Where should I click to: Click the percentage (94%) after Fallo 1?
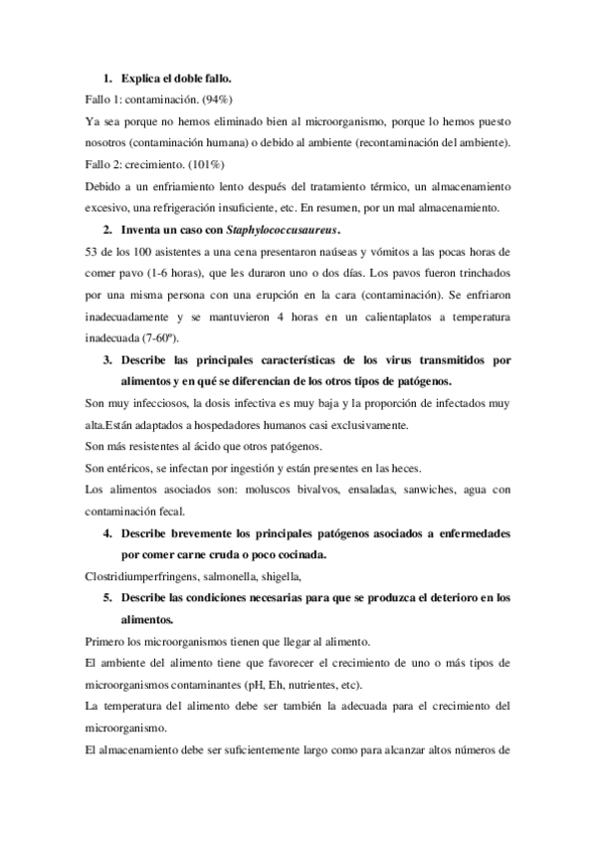pyautogui.click(x=211, y=100)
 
